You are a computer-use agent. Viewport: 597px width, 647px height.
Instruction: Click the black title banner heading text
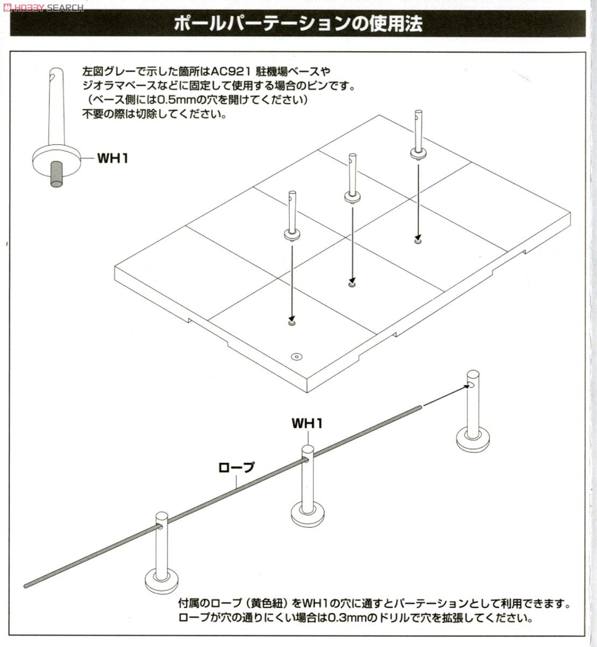pyautogui.click(x=298, y=24)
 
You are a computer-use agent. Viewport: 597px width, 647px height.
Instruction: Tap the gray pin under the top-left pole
pyautogui.click(x=57, y=174)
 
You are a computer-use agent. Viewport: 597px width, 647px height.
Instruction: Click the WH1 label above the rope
pyautogui.click(x=307, y=423)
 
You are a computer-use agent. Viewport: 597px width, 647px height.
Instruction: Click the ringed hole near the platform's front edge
pyautogui.click(x=296, y=356)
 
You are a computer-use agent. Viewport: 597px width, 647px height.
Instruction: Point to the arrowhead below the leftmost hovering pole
pyautogui.click(x=292, y=319)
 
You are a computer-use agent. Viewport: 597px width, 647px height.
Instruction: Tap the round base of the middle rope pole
pyautogui.click(x=307, y=513)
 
